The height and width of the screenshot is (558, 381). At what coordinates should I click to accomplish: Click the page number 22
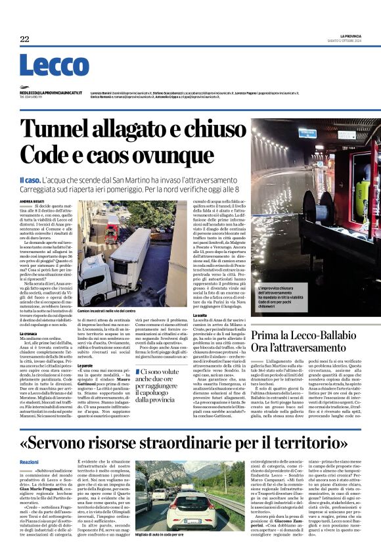point(24,39)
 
